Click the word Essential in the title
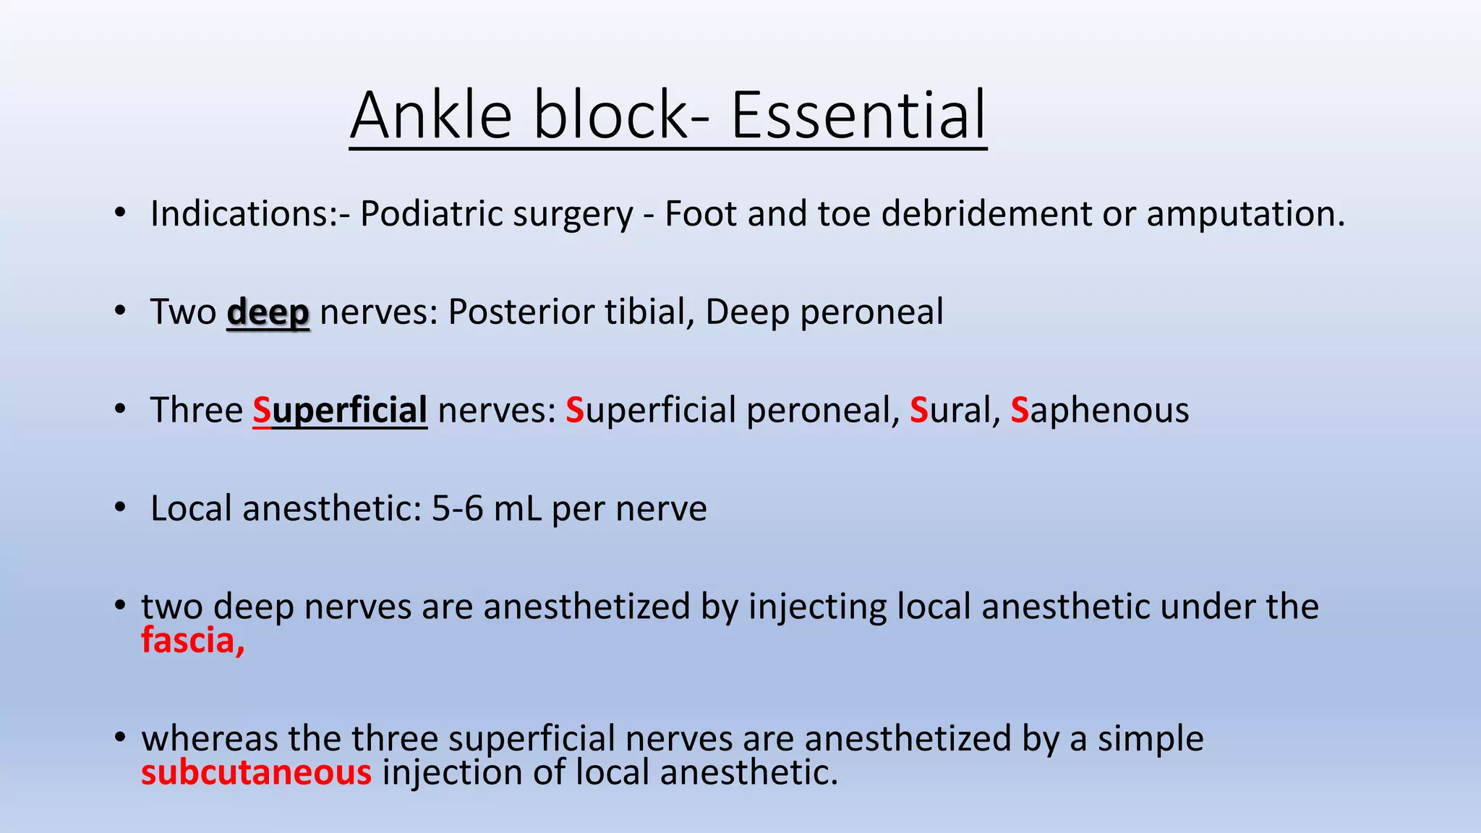858,116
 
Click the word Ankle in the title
431,116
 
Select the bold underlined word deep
268,313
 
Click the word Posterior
521,312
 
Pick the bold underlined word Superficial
340,411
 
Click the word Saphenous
1099,411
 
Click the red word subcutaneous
256,773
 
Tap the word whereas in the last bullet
210,739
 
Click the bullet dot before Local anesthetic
120,508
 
